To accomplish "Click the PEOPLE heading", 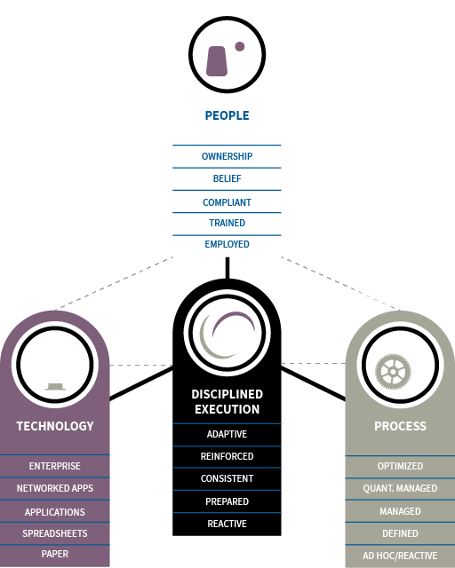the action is [227, 115].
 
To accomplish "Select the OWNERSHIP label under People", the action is [227, 156].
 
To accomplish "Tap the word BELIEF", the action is [227, 178].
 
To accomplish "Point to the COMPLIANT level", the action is [227, 202].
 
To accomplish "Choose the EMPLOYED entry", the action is [227, 244].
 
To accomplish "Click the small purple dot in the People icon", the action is [239, 46].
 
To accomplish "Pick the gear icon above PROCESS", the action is [393, 372].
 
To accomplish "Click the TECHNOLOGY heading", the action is [55, 426].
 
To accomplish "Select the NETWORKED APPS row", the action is [55, 488].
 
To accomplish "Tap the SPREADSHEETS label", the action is [55, 533].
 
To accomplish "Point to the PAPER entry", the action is [55, 554].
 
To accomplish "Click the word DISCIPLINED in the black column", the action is [227, 394].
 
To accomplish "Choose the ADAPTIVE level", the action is [227, 434].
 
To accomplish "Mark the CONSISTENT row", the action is [227, 478].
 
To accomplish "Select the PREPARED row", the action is [227, 501].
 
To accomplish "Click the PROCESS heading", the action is [401, 426].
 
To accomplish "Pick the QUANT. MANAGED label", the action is [400, 488].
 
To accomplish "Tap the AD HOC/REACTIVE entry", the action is [400, 556].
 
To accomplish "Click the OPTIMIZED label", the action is [400, 466].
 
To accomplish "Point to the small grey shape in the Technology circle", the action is [55, 387].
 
